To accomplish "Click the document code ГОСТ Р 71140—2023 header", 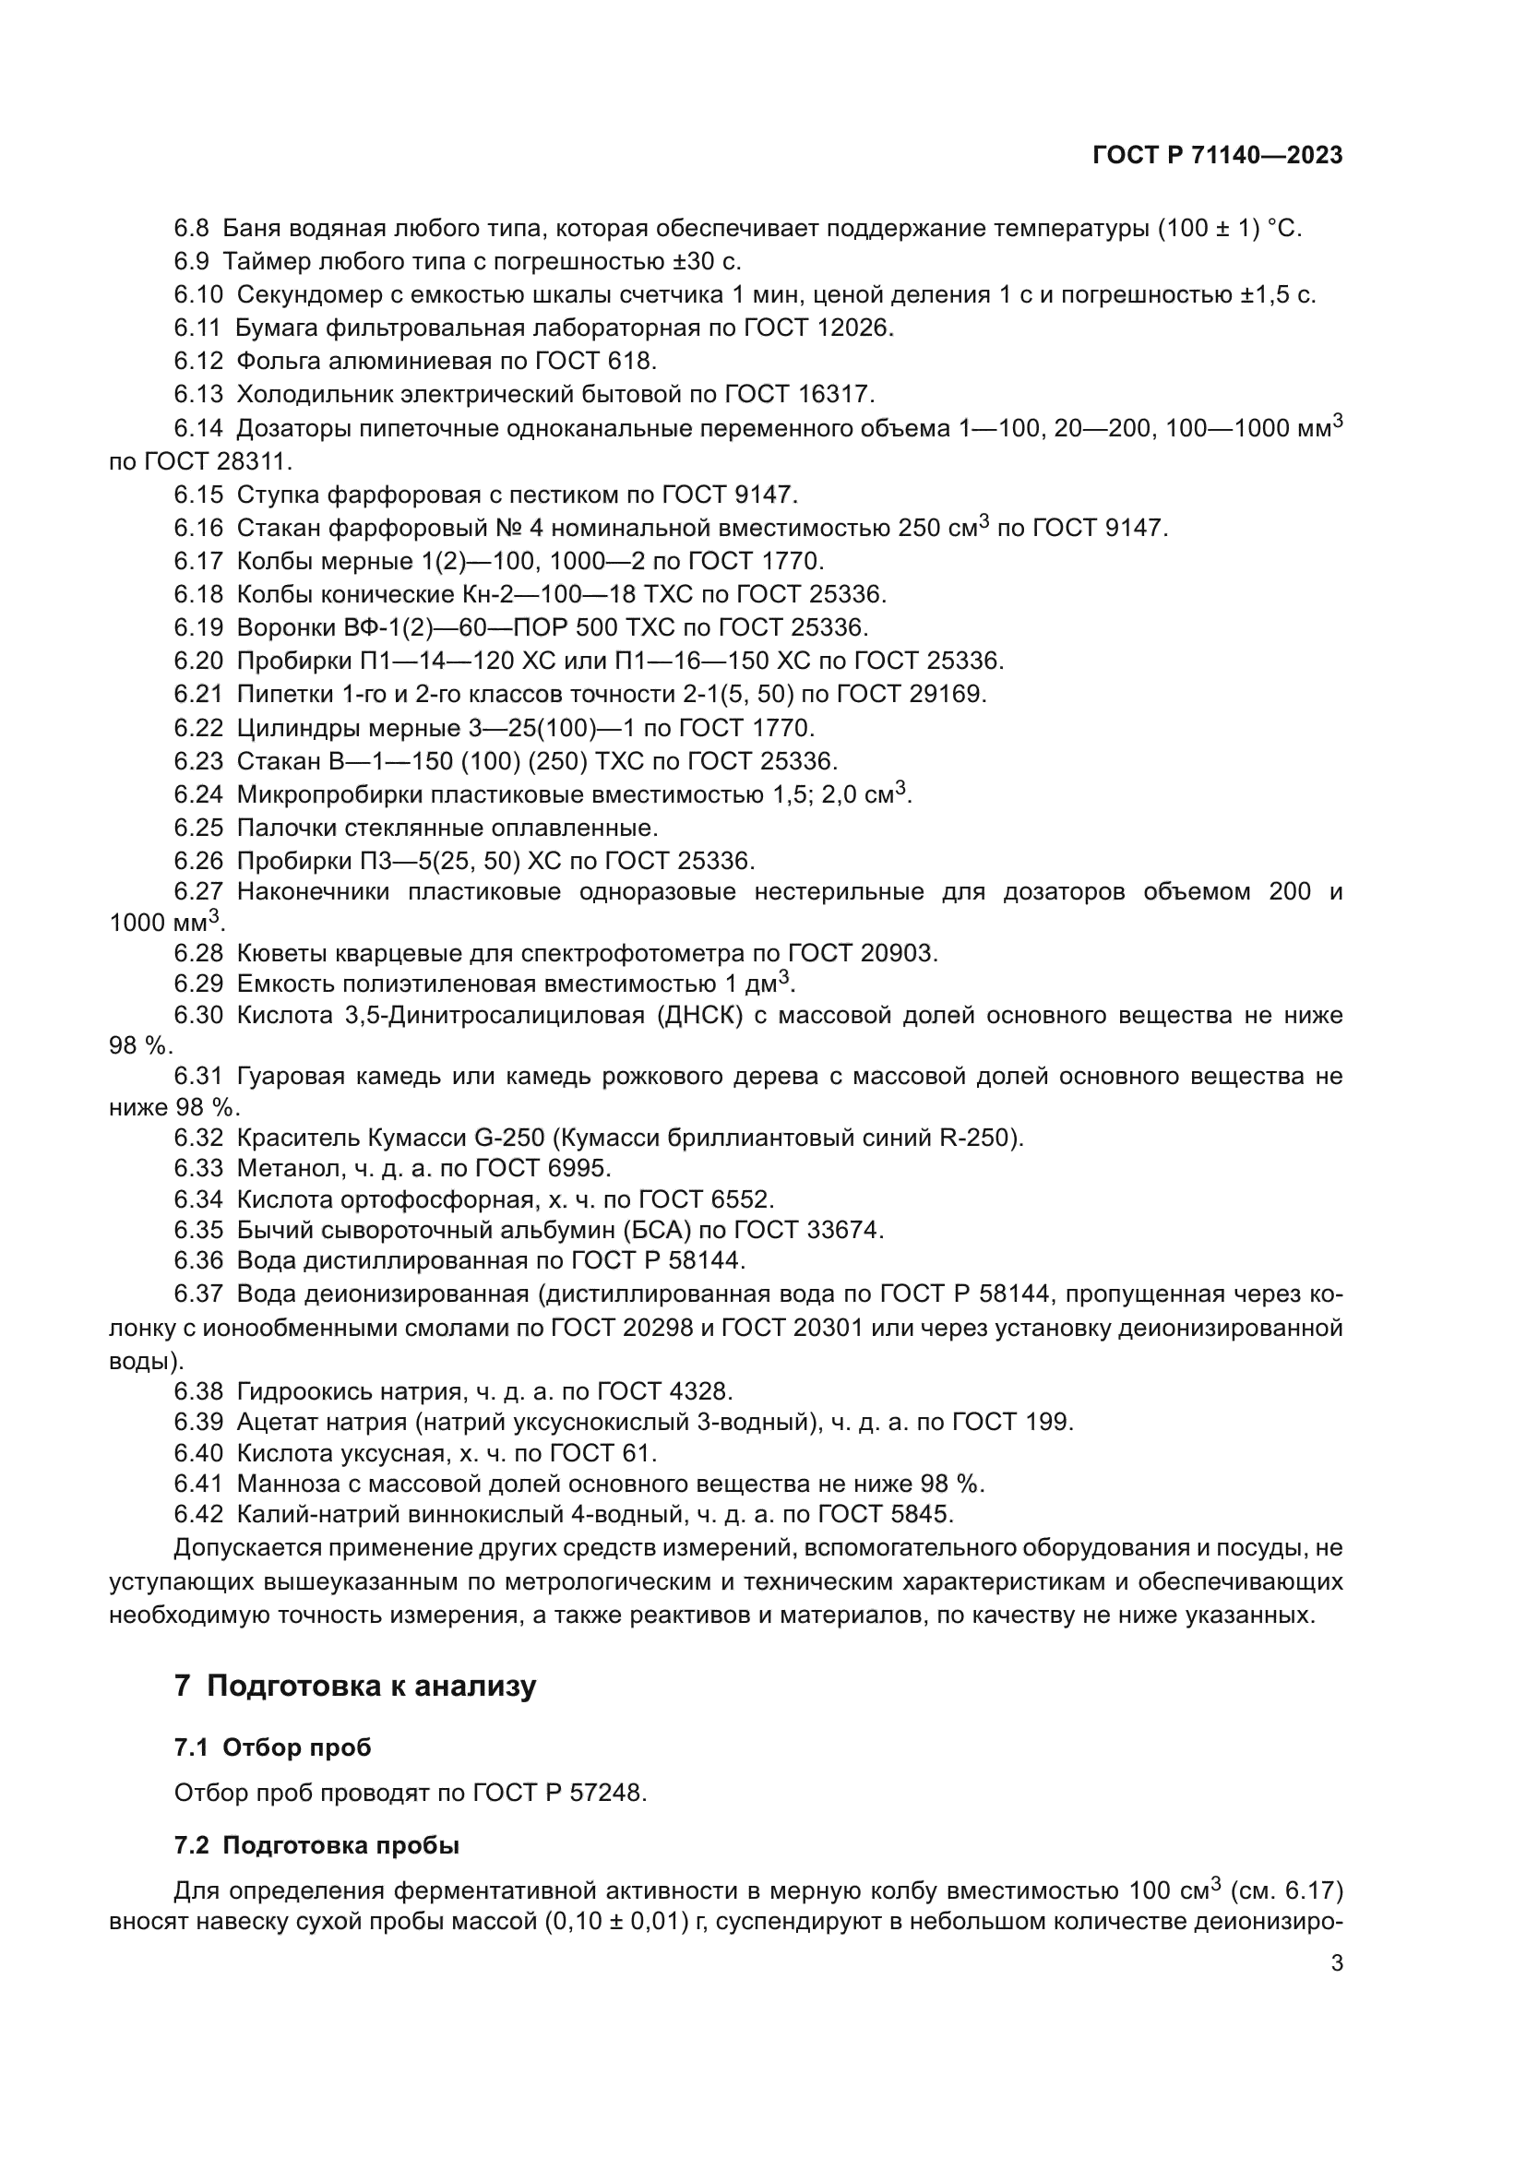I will coord(1217,156).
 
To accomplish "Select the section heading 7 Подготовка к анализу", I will coord(355,1686).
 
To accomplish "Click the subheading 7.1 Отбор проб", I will coord(272,1747).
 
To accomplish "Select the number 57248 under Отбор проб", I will coord(607,1794).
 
